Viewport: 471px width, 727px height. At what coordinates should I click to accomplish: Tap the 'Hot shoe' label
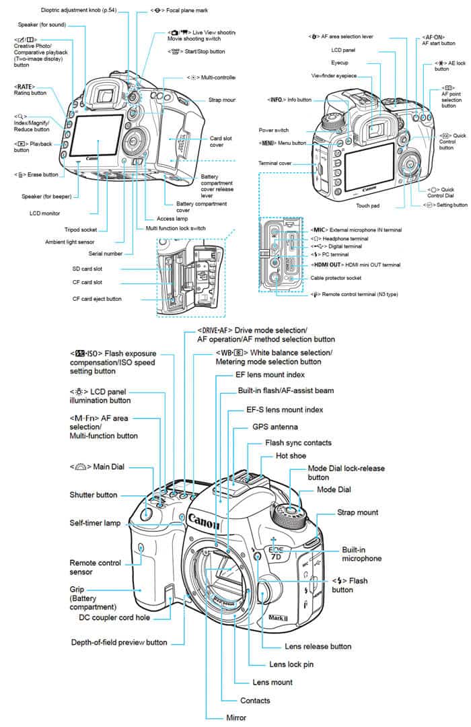290,456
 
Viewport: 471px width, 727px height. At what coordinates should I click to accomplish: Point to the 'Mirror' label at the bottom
235,718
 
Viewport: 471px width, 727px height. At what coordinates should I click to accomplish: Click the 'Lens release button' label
318,646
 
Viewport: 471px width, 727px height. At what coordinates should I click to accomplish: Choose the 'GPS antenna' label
275,427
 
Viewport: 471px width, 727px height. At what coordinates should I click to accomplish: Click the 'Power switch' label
273,130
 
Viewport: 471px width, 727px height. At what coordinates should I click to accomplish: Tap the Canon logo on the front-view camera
205,520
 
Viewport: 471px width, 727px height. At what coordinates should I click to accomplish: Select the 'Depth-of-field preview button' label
119,642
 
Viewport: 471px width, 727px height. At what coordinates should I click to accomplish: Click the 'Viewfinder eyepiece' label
333,75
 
